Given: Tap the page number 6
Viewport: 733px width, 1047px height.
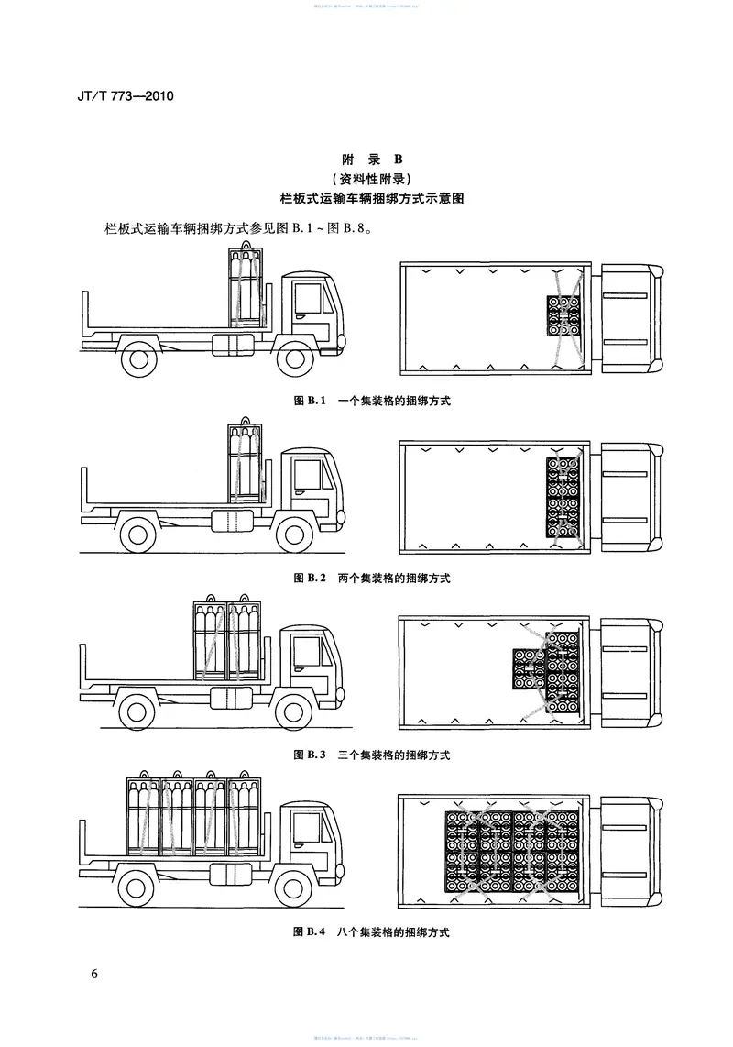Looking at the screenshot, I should (94, 973).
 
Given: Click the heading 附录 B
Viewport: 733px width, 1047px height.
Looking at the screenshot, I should (366, 159).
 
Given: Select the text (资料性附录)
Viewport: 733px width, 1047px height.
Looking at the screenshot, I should (366, 178).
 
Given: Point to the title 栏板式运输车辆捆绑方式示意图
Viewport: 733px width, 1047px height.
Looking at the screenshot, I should (366, 198).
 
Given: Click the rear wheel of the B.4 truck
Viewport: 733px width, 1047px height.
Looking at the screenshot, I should (139, 887).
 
